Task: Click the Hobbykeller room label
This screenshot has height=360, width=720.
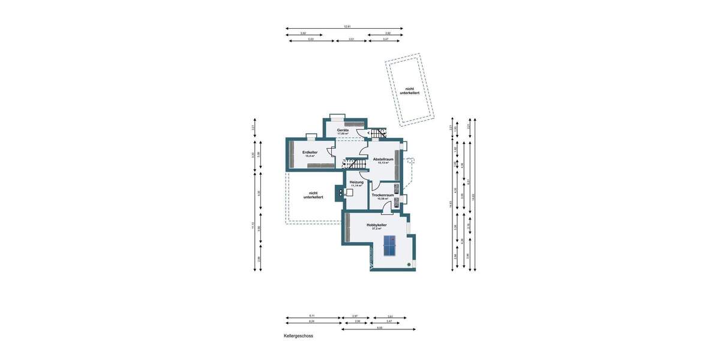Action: click(x=377, y=225)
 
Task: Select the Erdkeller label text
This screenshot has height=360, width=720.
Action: click(x=310, y=152)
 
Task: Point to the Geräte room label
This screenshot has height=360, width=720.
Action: click(x=343, y=130)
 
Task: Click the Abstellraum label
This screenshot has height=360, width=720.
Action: click(x=382, y=159)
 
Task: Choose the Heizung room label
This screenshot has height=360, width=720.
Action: click(x=356, y=182)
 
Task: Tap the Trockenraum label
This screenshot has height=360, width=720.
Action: click(x=382, y=195)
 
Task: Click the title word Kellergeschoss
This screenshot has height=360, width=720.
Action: click(x=298, y=336)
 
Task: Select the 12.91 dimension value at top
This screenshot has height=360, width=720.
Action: click(x=347, y=26)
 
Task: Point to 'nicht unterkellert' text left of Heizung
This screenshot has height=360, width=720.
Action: click(x=313, y=195)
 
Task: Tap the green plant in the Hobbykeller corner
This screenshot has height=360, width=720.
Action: click(x=410, y=265)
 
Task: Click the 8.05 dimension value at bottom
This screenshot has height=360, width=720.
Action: click(x=379, y=328)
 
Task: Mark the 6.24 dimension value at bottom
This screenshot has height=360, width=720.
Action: click(x=312, y=321)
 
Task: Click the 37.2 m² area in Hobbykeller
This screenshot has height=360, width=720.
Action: click(x=377, y=229)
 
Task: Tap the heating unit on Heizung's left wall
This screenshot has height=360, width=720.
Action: click(x=341, y=193)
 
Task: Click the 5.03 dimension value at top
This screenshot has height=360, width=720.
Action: click(x=311, y=39)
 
